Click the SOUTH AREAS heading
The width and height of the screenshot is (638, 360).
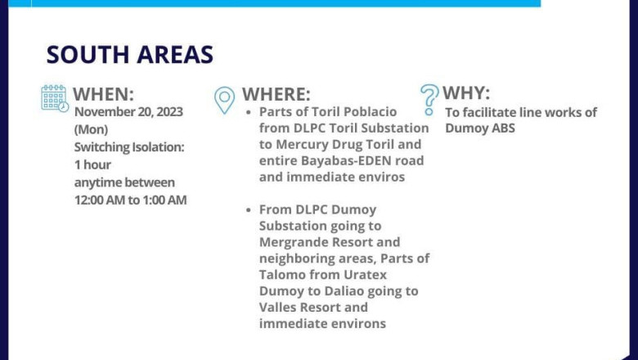point(130,55)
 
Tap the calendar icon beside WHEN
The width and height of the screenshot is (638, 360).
point(55,98)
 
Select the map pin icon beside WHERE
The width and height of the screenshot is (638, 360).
point(225,100)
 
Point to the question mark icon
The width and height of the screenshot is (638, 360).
point(429,100)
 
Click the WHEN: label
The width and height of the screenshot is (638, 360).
point(103,94)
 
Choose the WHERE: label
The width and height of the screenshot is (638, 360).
point(276,94)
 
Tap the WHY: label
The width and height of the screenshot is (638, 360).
point(466,93)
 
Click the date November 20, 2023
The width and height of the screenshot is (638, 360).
point(128,111)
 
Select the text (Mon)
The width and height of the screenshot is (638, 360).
point(91,129)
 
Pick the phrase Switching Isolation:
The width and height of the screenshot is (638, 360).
point(129,146)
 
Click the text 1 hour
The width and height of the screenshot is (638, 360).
point(92,164)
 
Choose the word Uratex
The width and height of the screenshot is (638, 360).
point(365,275)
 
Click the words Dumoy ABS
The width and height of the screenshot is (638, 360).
point(480,128)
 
